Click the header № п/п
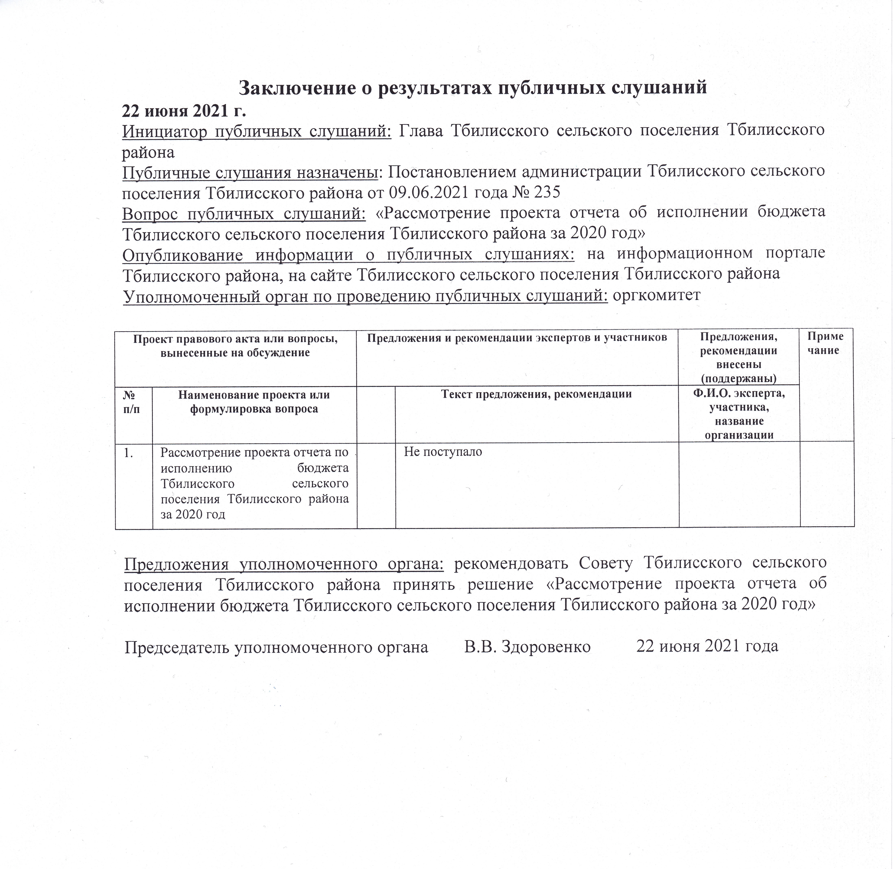132,401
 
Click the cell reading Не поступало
443,452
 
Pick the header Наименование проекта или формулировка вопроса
254,401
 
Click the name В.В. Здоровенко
527,647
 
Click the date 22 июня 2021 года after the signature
707,647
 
